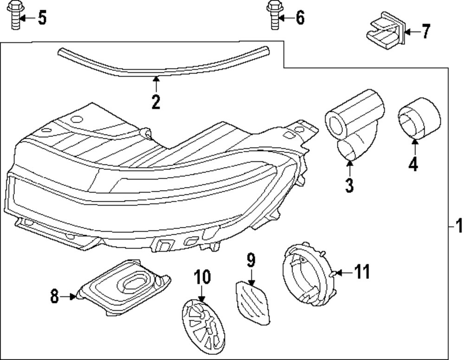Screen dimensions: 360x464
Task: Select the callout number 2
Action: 156,101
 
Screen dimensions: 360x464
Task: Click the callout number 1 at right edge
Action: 458,226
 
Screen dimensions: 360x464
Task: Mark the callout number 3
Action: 349,185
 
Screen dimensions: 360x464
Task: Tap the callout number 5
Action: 41,18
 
